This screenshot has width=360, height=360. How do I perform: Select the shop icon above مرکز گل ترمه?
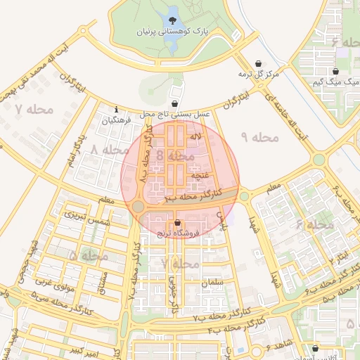click(x=259, y=63)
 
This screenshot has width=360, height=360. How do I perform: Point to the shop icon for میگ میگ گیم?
click(x=335, y=72)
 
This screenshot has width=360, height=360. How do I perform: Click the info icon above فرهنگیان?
click(x=116, y=109)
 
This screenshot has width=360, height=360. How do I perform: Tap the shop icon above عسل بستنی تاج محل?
click(x=174, y=103)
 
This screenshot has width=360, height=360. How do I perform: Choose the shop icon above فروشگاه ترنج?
click(x=177, y=223)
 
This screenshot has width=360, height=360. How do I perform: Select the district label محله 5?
click(x=89, y=255)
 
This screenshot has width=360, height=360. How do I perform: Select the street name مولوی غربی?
click(x=50, y=281)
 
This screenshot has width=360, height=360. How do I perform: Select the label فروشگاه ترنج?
click(x=178, y=233)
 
